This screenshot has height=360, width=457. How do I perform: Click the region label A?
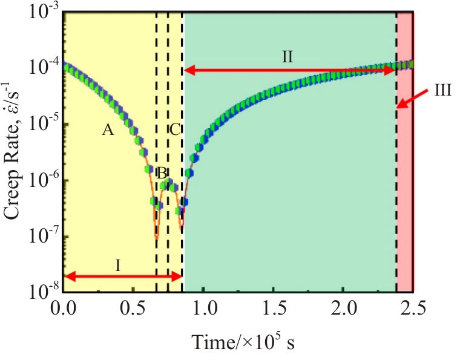point(108,129)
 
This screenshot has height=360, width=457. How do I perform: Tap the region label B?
point(162,172)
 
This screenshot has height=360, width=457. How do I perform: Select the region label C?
point(175,129)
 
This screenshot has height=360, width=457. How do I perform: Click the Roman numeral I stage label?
point(119,264)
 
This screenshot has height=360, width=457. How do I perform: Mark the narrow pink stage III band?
point(404,182)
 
